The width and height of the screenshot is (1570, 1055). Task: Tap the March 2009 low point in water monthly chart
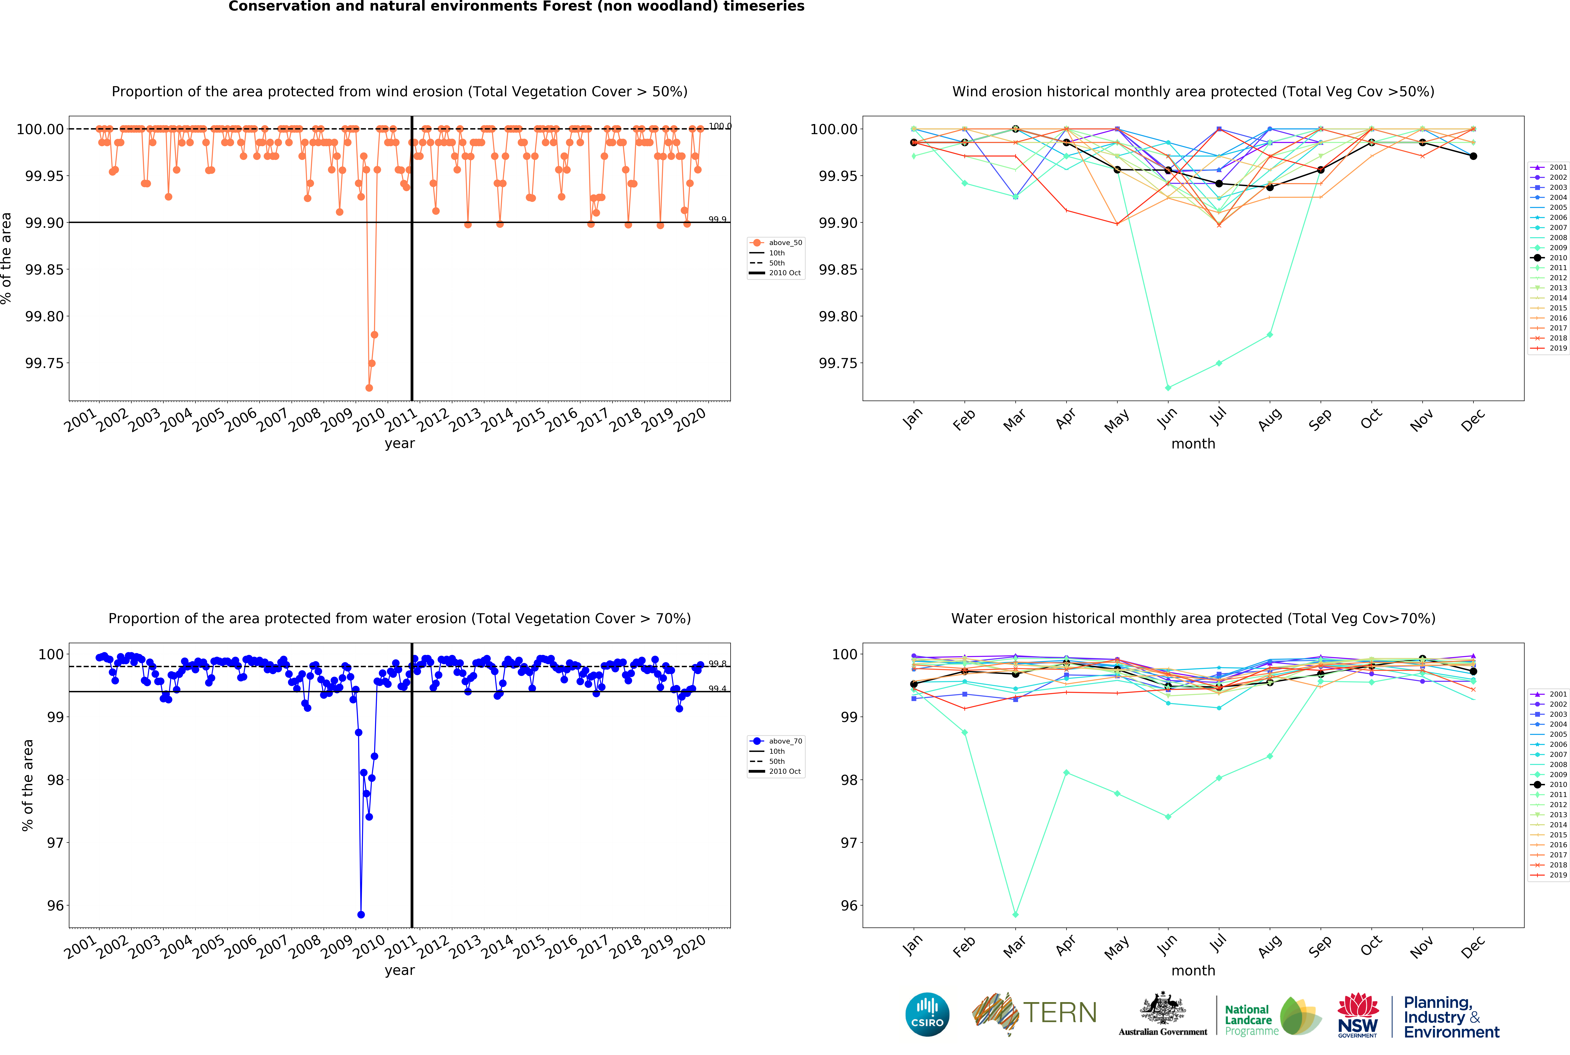[x=1015, y=914]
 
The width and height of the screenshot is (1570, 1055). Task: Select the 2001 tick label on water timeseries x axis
[x=81, y=947]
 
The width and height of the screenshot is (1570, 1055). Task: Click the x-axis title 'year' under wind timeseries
[x=400, y=443]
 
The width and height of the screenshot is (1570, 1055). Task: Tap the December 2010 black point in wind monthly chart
[x=1473, y=156]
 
